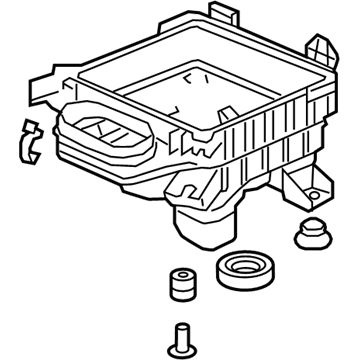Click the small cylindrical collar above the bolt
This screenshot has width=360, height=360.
point(181,281)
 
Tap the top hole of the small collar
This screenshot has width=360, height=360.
point(181,273)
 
